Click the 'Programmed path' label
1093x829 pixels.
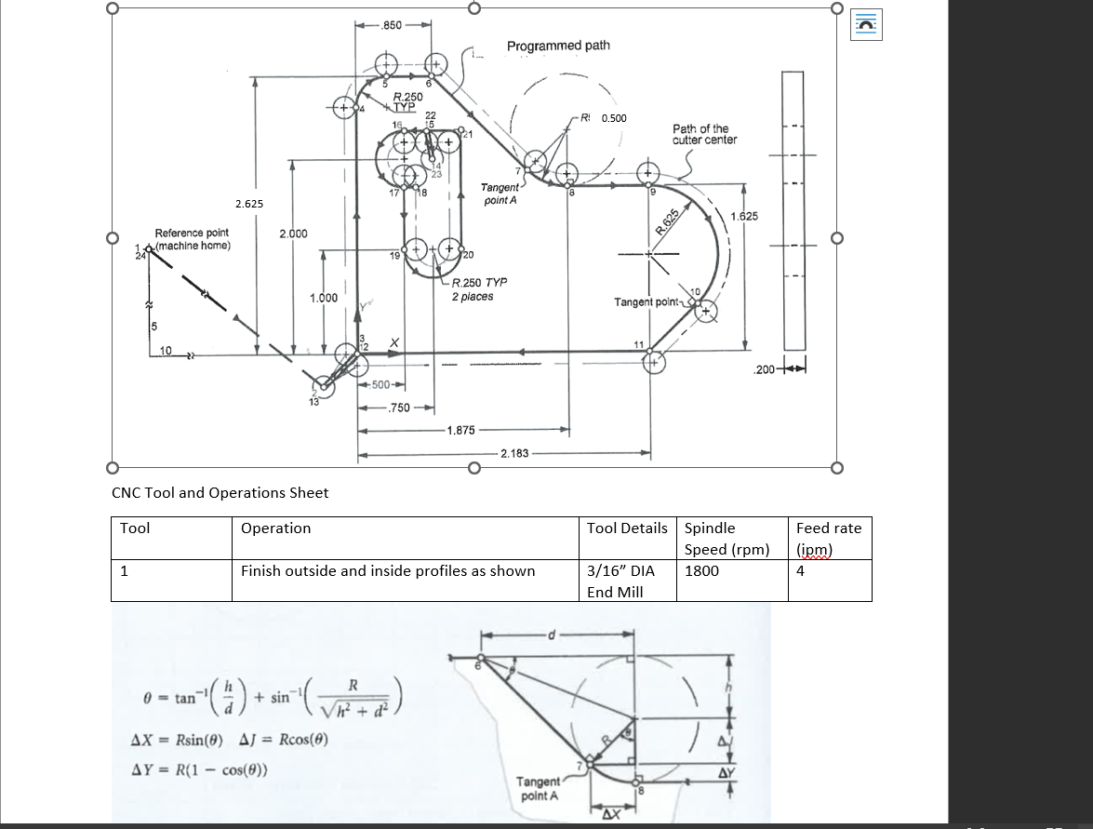coord(558,46)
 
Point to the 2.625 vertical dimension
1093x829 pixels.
coord(248,204)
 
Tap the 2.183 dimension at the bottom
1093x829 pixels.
coord(513,454)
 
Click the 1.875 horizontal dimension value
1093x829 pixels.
coord(460,431)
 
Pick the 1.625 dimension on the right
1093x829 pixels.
coord(744,217)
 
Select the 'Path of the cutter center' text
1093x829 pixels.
coord(704,134)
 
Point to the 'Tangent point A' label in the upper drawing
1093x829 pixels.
coord(500,194)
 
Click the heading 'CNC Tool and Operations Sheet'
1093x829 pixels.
coord(220,493)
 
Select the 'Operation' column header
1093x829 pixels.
coord(275,528)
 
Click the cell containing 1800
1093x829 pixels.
coord(701,571)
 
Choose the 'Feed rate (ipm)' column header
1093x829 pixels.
coord(828,538)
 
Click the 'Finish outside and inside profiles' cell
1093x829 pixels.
coord(388,571)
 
